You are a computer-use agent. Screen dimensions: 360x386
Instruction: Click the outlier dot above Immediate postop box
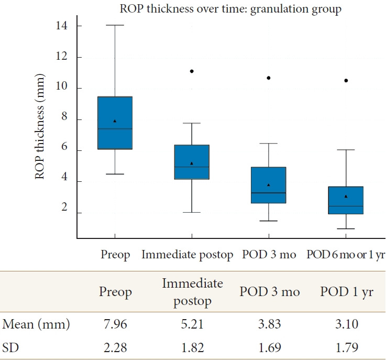pos(192,71)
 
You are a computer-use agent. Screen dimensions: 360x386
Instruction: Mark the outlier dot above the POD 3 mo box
pos(269,78)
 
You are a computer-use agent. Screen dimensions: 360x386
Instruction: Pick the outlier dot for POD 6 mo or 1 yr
pos(346,81)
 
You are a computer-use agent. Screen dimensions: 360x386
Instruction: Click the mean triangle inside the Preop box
pos(115,121)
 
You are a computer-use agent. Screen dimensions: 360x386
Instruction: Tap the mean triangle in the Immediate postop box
pos(192,163)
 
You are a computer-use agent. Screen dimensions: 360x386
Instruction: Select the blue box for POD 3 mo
pos(269,185)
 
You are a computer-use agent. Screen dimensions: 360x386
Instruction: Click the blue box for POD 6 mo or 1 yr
pos(346,200)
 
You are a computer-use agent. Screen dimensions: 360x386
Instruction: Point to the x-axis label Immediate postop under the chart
pos(187,255)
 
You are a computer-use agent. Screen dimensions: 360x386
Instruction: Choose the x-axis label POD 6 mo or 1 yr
pos(346,255)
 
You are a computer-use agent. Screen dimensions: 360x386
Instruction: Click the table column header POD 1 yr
pos(346,292)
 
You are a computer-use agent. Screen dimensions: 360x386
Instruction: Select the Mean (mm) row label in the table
pos(36,325)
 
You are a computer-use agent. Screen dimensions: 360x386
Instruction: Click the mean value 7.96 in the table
pos(116,325)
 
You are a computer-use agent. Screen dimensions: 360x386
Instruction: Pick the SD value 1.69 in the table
pos(269,347)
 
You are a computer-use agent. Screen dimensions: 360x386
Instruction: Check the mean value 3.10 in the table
pos(346,325)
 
